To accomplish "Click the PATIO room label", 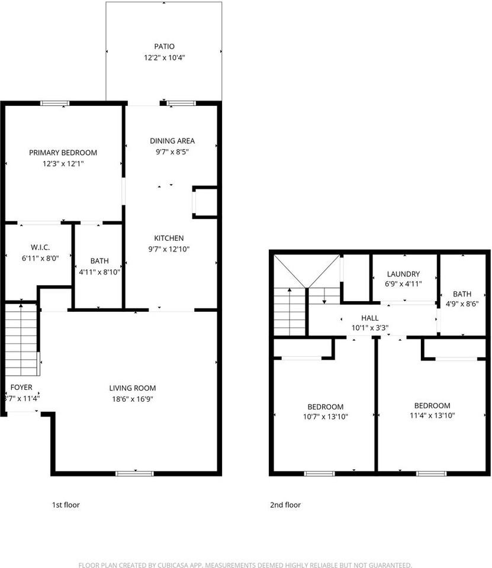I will click(163, 46).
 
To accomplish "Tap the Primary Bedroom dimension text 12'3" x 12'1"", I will click(63, 163).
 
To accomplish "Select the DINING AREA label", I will click(172, 141).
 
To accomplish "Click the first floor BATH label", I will click(99, 261).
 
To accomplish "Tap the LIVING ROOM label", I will click(133, 388).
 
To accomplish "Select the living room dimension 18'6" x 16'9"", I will click(133, 399).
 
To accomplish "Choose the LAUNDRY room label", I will click(403, 274).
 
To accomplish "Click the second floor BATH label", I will click(462, 293).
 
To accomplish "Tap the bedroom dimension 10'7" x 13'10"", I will click(325, 417).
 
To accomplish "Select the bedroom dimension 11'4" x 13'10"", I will click(432, 415).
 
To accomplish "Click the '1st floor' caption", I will click(66, 505).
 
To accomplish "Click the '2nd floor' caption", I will click(285, 505).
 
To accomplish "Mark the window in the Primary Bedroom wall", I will click(55, 103).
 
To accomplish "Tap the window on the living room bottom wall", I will click(134, 473).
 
